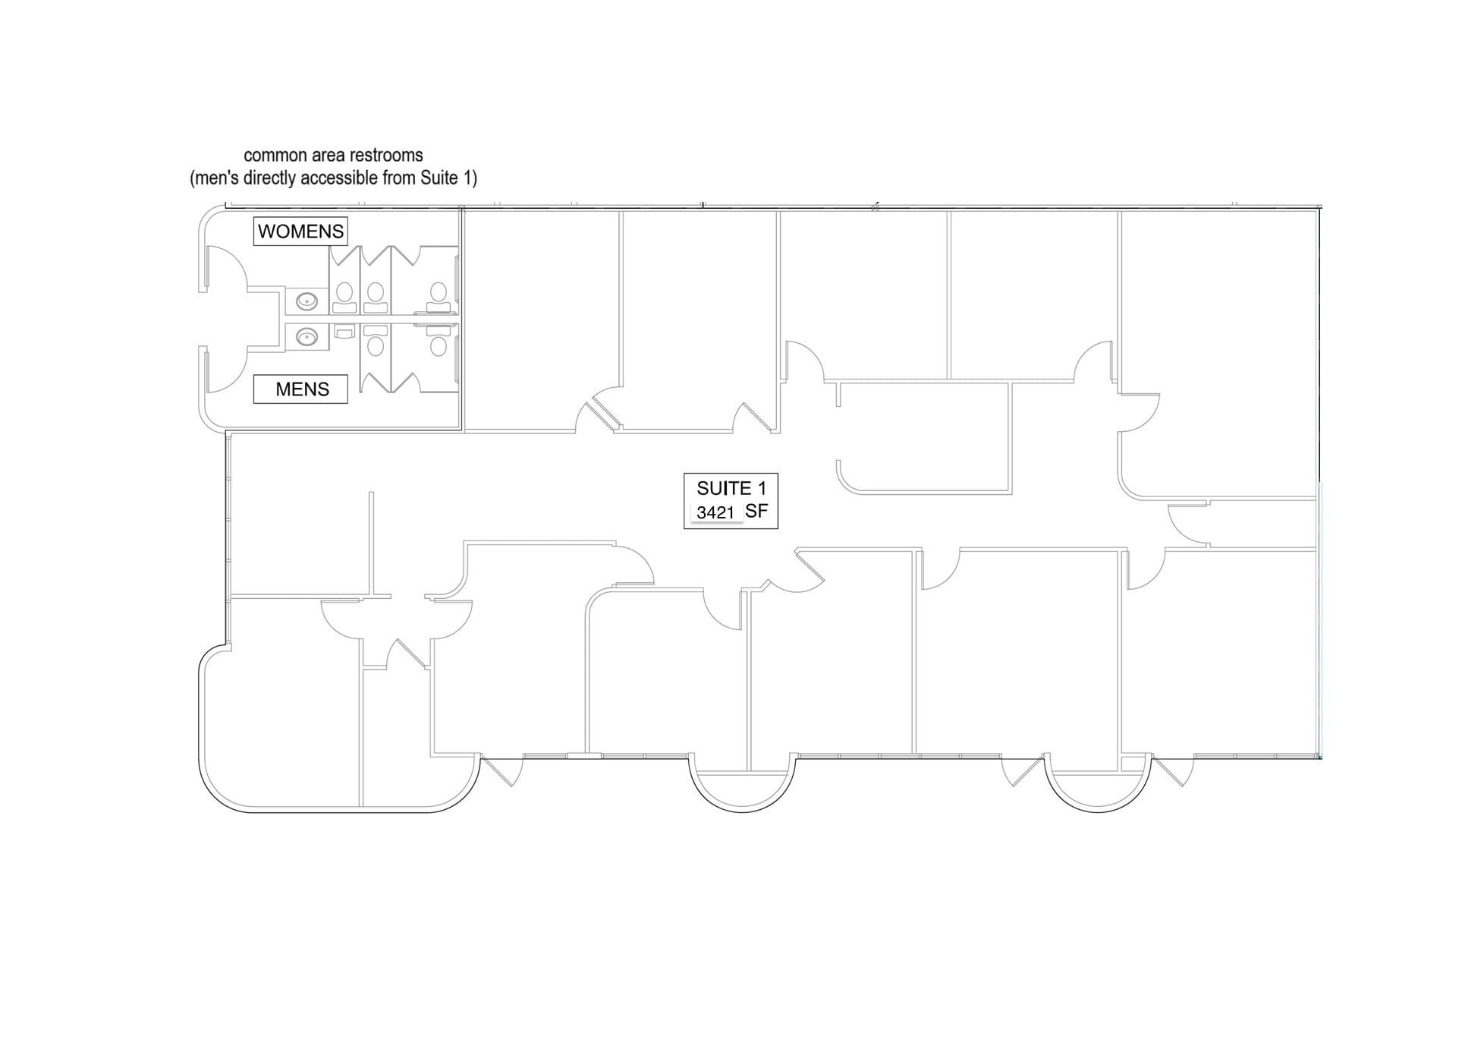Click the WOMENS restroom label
click(x=300, y=232)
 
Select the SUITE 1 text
click(x=731, y=488)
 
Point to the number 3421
click(x=715, y=513)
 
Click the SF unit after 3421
click(x=756, y=511)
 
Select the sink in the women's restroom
click(x=307, y=302)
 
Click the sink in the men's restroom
click(x=307, y=336)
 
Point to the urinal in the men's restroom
click(x=344, y=332)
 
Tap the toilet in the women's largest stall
click(x=438, y=298)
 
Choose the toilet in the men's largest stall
click(x=438, y=340)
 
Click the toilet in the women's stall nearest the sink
click(x=344, y=298)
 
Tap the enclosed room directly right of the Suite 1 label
click(x=925, y=439)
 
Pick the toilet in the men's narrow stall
click(x=375, y=340)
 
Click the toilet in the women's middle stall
click(x=375, y=298)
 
